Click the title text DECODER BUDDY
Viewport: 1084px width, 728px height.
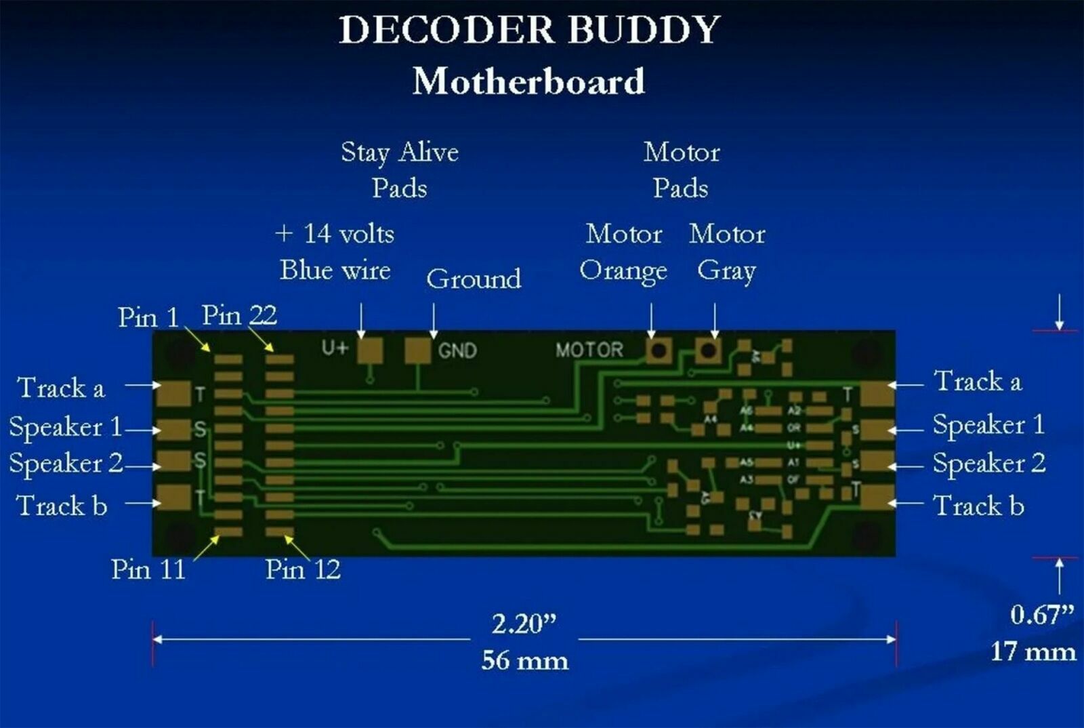(x=529, y=31)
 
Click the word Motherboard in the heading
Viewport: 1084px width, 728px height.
(x=528, y=81)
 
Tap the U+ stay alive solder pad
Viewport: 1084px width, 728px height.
(x=370, y=350)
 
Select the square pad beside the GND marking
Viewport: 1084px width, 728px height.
(x=417, y=350)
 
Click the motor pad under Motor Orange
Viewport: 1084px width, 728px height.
(x=659, y=350)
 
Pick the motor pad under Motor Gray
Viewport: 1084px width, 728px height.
(x=708, y=350)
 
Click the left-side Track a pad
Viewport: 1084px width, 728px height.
(x=173, y=393)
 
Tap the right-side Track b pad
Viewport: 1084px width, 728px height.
(x=876, y=497)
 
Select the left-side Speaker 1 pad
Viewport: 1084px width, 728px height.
(x=174, y=428)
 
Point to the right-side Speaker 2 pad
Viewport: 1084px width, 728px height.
(x=876, y=462)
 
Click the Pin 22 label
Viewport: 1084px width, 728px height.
(x=239, y=315)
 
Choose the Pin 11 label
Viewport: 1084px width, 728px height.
(x=148, y=569)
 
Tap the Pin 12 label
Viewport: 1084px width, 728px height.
(x=302, y=569)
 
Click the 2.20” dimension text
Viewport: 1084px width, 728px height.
(x=524, y=624)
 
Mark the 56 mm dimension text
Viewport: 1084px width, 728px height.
(x=524, y=660)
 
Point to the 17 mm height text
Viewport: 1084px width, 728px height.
(x=1033, y=651)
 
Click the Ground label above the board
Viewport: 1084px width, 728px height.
(x=474, y=279)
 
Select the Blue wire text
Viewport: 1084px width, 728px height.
(x=335, y=270)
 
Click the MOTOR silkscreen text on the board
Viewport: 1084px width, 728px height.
(x=589, y=350)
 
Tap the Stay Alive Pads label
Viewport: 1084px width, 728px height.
(x=400, y=169)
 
